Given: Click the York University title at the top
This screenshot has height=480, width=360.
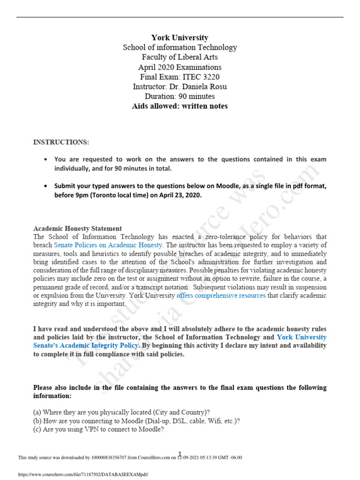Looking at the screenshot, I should click(x=180, y=37).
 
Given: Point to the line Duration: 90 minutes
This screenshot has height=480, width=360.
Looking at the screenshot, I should click(x=180, y=97).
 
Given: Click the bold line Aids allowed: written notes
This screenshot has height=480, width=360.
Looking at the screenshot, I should click(x=180, y=106).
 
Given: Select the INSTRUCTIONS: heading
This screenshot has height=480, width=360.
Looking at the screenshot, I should click(x=61, y=142).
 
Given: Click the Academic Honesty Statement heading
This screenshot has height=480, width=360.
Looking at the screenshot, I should click(x=77, y=228).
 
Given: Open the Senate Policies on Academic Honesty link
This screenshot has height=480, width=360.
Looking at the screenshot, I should click(x=109, y=245).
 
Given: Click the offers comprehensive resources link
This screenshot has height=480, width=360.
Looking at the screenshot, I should click(x=221, y=296).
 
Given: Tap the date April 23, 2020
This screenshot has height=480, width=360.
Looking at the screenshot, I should click(x=178, y=195).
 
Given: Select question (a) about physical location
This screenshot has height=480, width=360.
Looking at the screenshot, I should click(x=121, y=412).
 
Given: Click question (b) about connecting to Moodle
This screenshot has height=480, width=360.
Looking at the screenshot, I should click(x=136, y=421).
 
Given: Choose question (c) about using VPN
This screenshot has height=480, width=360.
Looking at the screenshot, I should click(x=98, y=429).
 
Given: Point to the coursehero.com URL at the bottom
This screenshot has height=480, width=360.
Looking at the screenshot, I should click(x=83, y=474).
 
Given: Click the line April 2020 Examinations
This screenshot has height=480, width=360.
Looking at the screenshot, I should click(x=180, y=67).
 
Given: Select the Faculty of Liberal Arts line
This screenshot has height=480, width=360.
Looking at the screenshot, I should click(x=180, y=57).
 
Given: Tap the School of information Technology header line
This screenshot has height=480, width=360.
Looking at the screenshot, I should click(x=180, y=47).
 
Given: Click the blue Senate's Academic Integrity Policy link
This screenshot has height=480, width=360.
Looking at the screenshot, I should click(x=86, y=345).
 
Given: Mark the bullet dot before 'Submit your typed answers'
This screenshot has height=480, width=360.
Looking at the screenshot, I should click(x=45, y=186).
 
